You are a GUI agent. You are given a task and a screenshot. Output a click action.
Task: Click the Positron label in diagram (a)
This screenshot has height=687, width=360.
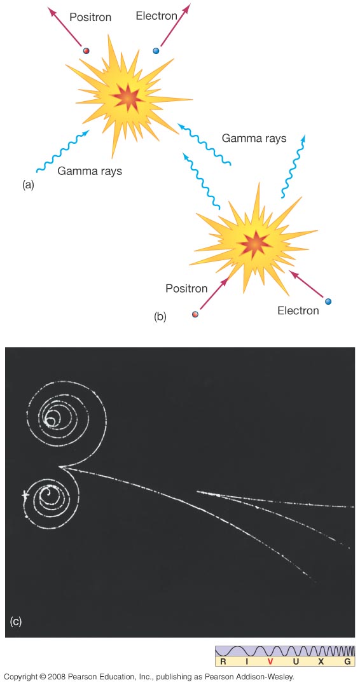click(x=90, y=18)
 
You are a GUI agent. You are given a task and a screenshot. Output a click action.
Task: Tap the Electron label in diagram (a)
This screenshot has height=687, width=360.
click(x=156, y=16)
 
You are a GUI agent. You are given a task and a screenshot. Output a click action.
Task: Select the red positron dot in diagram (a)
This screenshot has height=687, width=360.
click(x=87, y=51)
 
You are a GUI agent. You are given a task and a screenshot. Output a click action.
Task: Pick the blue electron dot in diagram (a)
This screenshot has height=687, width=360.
click(x=156, y=51)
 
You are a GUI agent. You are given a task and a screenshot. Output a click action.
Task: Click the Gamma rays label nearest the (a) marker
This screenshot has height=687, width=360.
click(x=90, y=171)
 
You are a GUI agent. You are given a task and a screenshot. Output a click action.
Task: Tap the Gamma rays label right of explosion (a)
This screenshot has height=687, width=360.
click(x=254, y=139)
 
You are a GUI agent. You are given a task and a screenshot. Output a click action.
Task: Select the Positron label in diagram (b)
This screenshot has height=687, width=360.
click(x=186, y=289)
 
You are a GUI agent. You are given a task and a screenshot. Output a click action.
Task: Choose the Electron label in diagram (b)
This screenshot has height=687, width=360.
click(x=298, y=310)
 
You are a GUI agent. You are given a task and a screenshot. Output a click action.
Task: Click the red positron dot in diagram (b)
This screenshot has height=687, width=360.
click(x=196, y=314)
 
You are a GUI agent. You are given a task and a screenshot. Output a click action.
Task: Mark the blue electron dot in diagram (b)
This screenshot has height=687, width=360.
click(x=328, y=302)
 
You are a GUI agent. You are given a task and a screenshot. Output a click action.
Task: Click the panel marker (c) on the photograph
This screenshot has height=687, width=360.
click(x=15, y=621)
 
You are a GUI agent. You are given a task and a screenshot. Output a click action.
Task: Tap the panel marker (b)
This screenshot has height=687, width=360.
click(x=160, y=317)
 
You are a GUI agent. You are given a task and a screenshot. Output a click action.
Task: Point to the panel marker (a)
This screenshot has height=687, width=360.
click(x=28, y=185)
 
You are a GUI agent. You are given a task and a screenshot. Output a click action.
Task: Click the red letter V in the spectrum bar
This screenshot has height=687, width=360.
click(x=270, y=662)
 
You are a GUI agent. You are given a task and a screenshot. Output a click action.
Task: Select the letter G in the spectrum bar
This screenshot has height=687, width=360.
click(x=347, y=662)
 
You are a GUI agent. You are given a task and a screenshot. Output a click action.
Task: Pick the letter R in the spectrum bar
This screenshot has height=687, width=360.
click(x=223, y=662)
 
